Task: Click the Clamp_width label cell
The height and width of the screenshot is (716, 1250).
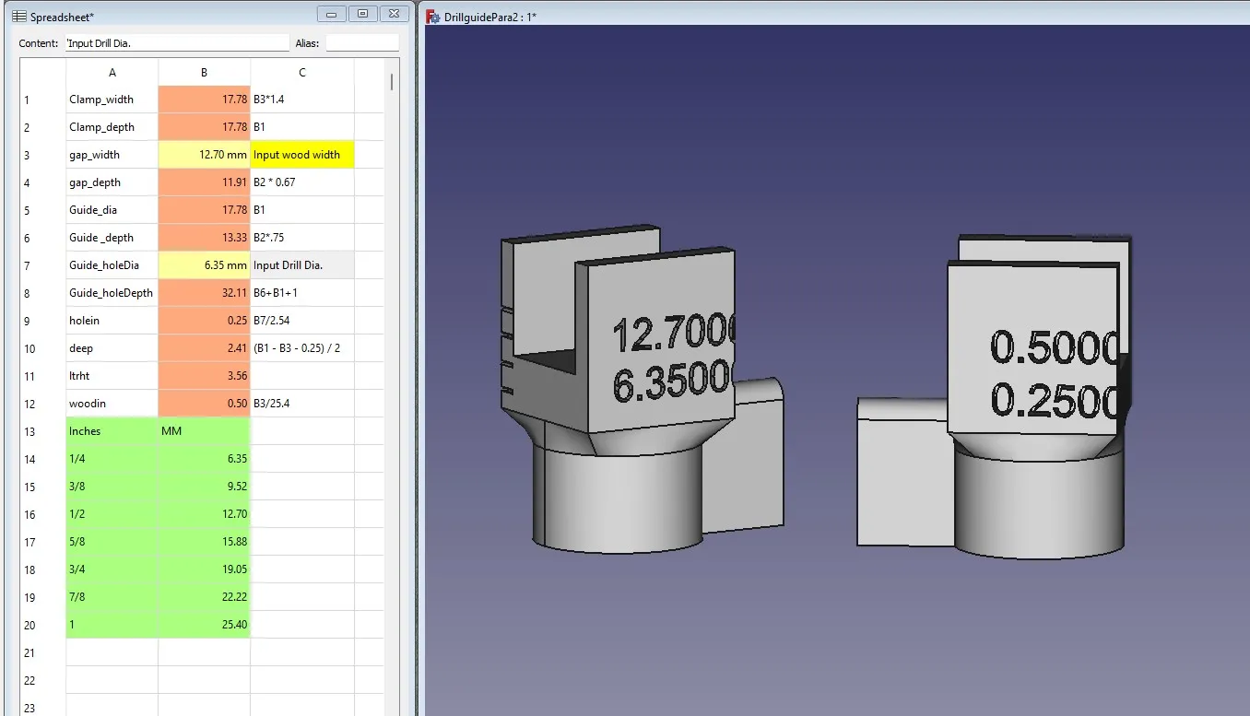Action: [x=112, y=100]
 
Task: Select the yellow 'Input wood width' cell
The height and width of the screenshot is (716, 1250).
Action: [x=301, y=155]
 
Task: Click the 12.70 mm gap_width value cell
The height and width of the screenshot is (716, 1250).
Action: [x=204, y=155]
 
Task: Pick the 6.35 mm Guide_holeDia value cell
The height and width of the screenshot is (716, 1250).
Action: [x=204, y=265]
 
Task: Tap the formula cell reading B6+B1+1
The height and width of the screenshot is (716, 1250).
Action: [x=301, y=293]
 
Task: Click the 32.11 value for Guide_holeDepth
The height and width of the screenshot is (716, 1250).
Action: [x=204, y=293]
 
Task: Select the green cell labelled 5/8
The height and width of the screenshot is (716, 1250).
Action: [x=112, y=542]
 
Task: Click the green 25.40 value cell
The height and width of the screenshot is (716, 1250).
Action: [x=204, y=625]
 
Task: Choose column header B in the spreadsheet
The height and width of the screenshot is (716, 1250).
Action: [x=204, y=73]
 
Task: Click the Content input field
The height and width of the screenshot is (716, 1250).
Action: [x=177, y=43]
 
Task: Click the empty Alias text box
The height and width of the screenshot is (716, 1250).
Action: [x=361, y=43]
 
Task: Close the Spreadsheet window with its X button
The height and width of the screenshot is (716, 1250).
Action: [x=394, y=14]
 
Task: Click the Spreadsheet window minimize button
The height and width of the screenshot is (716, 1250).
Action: [x=331, y=14]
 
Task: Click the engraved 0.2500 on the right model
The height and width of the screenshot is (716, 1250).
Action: [x=1056, y=400]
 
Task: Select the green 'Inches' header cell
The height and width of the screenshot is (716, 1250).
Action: [x=112, y=431]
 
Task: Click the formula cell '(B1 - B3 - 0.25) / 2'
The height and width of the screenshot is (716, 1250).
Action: [x=301, y=348]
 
